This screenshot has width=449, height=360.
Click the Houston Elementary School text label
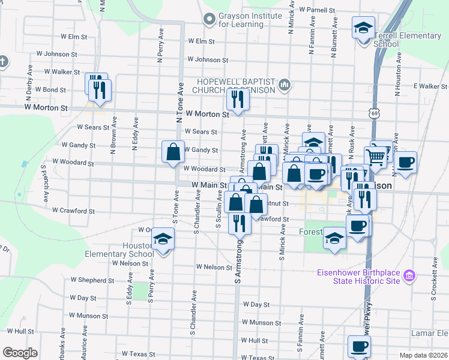coord(139,250)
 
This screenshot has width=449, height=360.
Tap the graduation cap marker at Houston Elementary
coord(162,239)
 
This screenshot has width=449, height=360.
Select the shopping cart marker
coord(376,157)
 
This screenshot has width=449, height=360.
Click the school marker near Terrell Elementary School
coord(363,29)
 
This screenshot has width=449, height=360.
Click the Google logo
coord(20,353)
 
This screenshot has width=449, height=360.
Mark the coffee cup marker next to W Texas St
coord(359,346)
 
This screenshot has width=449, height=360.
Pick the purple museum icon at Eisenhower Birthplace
coord(409,277)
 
